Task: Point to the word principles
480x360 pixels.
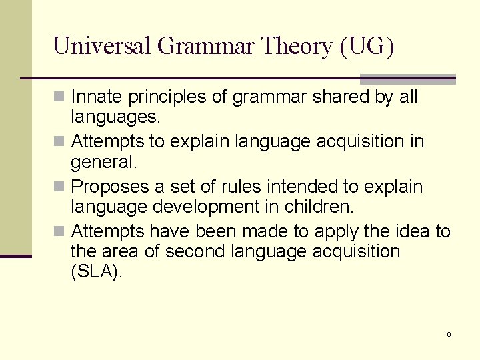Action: (169, 97)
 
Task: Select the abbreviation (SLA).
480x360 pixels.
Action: (97, 273)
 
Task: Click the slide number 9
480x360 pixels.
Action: (449, 334)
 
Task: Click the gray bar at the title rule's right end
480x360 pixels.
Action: (407, 79)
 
